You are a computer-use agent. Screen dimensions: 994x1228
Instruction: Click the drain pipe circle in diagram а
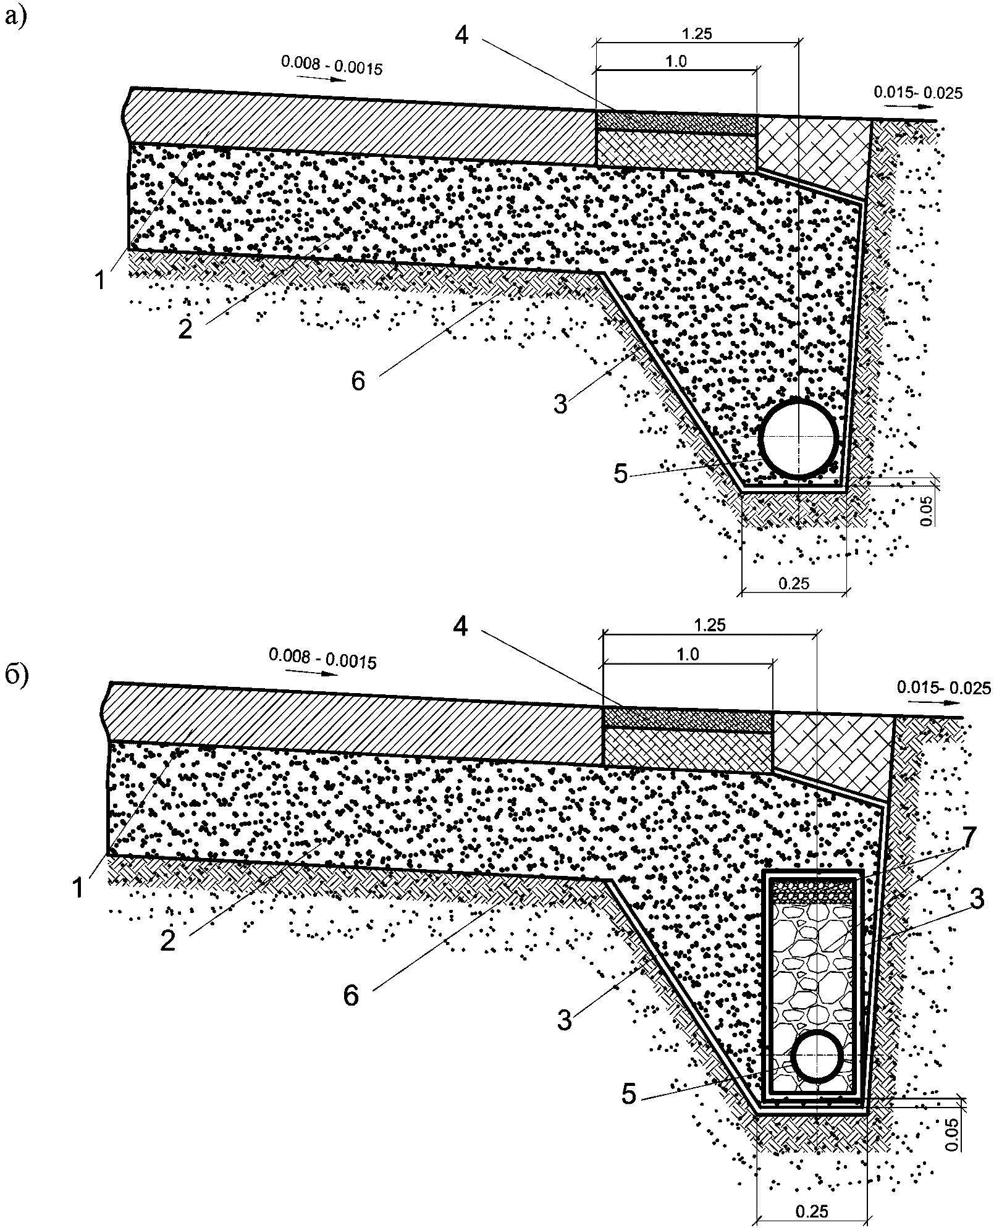(761, 438)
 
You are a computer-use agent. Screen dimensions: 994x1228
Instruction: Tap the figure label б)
(15, 676)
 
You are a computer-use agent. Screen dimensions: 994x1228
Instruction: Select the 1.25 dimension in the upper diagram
(697, 34)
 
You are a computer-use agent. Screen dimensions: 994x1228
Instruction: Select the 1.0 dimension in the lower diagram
(688, 654)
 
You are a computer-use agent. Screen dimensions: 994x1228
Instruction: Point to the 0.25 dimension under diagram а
(794, 582)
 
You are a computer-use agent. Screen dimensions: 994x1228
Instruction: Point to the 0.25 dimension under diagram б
(812, 1211)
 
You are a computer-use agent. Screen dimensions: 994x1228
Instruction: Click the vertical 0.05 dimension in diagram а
(926, 512)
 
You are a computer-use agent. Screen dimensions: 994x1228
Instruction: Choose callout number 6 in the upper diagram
(358, 381)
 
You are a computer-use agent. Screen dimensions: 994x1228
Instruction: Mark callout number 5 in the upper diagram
(620, 474)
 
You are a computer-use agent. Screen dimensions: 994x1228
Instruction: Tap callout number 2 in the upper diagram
(185, 329)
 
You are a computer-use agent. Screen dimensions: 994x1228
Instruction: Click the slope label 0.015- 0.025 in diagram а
(918, 93)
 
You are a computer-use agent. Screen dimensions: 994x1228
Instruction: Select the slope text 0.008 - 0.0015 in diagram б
(322, 659)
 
